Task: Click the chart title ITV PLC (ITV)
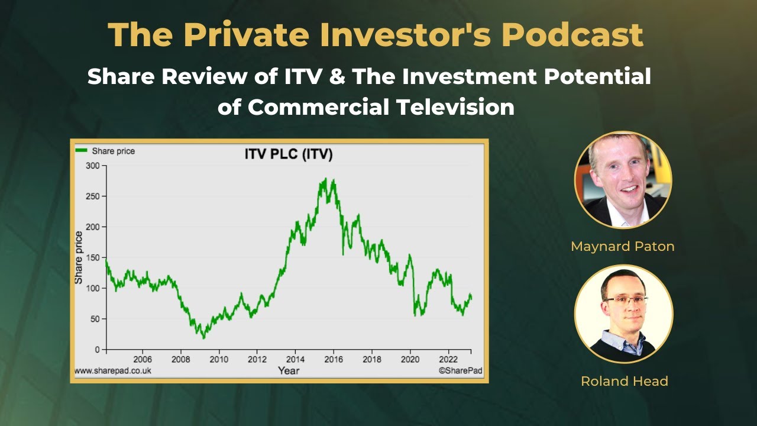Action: click(x=288, y=155)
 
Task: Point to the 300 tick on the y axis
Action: click(x=93, y=166)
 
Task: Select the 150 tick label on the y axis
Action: click(x=93, y=257)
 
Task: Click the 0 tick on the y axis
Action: click(x=97, y=350)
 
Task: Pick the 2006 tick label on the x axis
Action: click(x=143, y=359)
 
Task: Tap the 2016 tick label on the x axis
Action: click(x=334, y=359)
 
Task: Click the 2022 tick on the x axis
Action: click(x=448, y=359)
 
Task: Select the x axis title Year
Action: click(x=288, y=371)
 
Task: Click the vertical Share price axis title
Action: click(x=79, y=257)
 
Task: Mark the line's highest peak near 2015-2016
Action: click(x=326, y=179)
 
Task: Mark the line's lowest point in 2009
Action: click(x=204, y=337)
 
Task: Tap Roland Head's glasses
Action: click(x=624, y=300)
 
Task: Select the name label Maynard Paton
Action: click(x=622, y=246)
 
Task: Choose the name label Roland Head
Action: click(x=624, y=381)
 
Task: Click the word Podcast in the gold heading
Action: click(x=572, y=35)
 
